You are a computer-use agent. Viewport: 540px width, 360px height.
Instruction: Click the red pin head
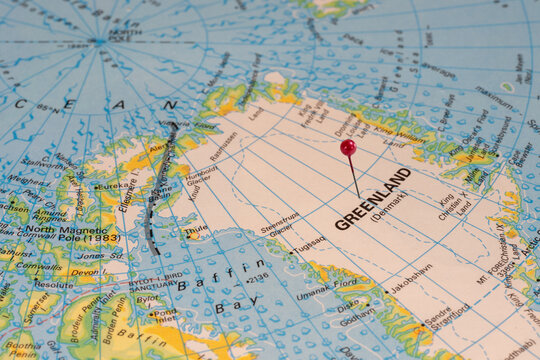point(348,147)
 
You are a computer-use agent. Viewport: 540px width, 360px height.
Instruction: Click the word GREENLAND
point(373,198)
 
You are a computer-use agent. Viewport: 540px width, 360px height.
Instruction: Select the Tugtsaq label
point(308,242)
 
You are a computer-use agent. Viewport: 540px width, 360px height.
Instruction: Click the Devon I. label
point(84,272)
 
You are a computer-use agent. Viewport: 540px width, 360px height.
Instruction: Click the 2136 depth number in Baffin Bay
point(257,277)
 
